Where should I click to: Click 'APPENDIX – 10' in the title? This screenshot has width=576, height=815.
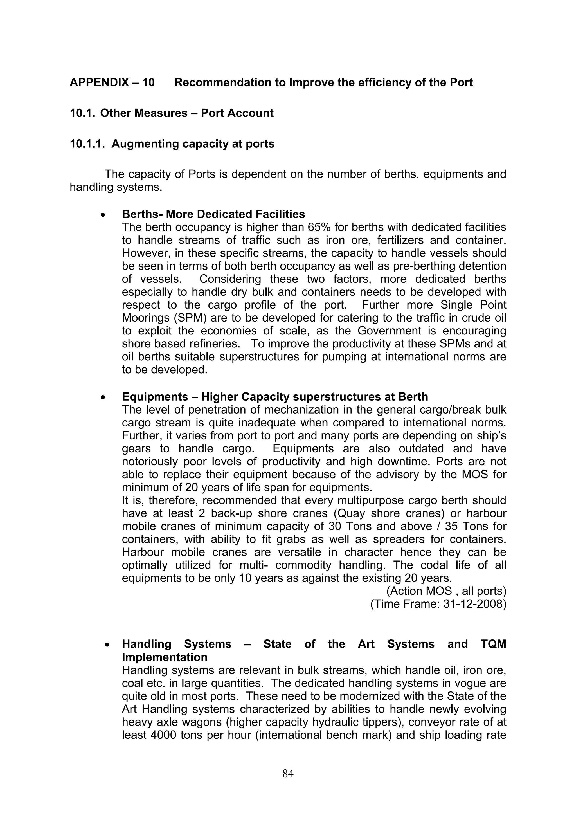click(x=112, y=83)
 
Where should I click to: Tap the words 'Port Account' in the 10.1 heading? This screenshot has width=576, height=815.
click(x=237, y=113)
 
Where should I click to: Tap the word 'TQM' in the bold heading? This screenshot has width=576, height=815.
click(x=493, y=644)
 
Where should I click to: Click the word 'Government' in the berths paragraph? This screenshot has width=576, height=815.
click(x=389, y=331)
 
